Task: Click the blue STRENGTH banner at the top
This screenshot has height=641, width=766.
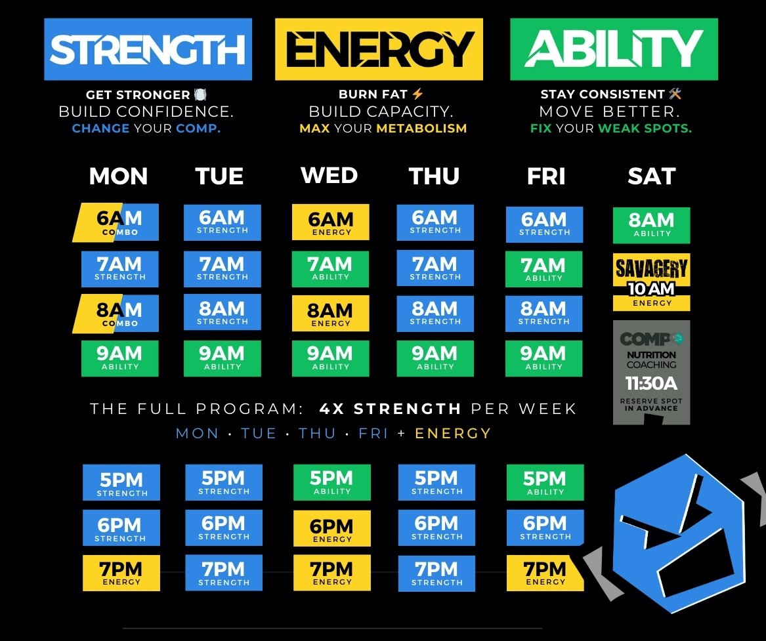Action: [148, 49]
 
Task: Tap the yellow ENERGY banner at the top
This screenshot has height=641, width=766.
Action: [379, 49]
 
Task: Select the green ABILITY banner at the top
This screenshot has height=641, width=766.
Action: [614, 49]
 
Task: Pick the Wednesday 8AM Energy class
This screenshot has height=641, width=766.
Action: [330, 313]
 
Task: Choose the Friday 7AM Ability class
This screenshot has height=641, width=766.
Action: [544, 269]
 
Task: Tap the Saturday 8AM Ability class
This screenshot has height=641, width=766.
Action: [651, 225]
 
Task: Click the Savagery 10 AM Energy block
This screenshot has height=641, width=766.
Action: [651, 282]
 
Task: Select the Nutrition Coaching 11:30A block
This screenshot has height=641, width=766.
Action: [651, 372]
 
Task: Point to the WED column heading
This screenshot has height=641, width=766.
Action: [330, 176]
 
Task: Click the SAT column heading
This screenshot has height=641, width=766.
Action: [651, 176]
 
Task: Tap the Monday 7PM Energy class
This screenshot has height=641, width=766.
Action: [121, 573]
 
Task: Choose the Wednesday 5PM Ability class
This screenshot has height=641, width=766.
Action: [332, 483]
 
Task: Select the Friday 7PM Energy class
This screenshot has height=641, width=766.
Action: [545, 573]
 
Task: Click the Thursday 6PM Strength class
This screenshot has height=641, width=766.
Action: [436, 527]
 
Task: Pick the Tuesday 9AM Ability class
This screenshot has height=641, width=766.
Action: [222, 358]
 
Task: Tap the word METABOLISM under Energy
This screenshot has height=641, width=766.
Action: [421, 129]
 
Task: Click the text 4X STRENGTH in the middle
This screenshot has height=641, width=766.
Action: [390, 409]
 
